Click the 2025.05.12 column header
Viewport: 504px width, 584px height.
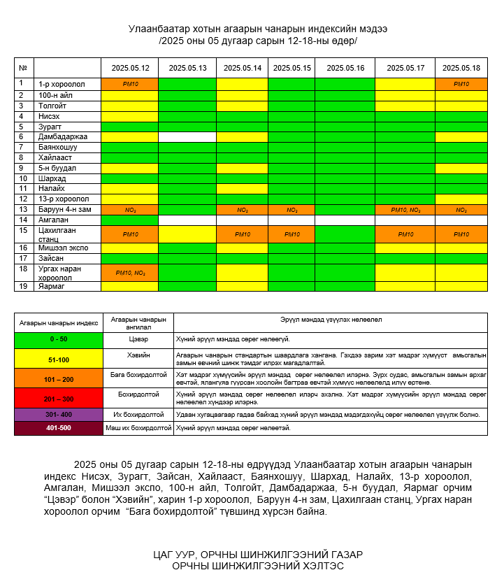pos(130,68)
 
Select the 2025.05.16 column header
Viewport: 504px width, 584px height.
pos(345,68)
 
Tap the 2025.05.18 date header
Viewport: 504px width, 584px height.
pos(462,68)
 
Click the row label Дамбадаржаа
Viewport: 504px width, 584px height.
pos(63,137)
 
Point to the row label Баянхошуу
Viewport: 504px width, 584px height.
pos(58,148)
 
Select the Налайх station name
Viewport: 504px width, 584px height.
pos(52,189)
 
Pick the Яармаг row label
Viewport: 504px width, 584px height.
pos(51,286)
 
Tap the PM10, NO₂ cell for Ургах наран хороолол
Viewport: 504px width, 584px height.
pos(130,273)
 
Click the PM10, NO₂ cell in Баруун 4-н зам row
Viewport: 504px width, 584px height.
pos(405,210)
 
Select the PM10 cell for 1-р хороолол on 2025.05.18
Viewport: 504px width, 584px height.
pos(461,84)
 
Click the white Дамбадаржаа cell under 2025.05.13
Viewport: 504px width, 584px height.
pos(187,137)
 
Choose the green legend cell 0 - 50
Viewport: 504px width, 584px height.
pos(59,339)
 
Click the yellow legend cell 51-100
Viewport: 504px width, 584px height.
pos(59,359)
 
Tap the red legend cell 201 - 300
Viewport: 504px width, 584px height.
pos(59,399)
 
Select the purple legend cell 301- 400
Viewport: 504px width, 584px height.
pos(59,414)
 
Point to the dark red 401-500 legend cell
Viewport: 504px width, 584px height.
pos(59,428)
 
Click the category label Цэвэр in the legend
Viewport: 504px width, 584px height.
pos(138,339)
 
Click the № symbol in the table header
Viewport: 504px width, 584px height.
pos(23,68)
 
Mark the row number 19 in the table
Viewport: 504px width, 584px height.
pos(23,286)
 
